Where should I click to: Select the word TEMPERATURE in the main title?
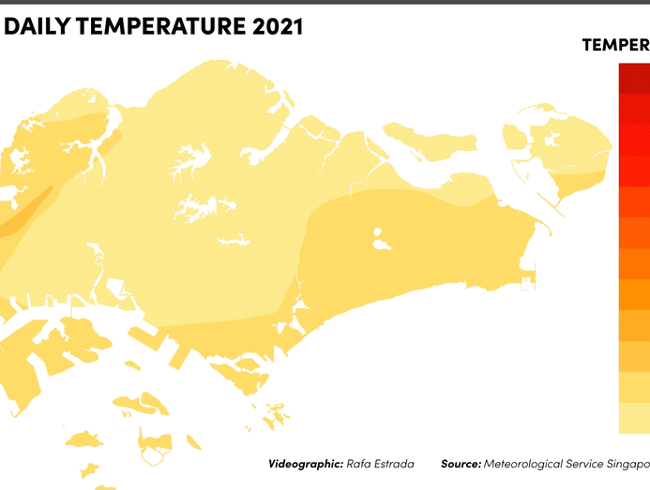[x=159, y=27]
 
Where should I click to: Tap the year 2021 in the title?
[x=278, y=27]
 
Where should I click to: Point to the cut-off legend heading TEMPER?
[x=615, y=45]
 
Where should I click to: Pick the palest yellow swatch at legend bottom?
[x=634, y=418]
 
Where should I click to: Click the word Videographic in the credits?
[x=303, y=464]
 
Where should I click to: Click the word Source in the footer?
[x=461, y=464]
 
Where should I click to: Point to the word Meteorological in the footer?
[x=527, y=464]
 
